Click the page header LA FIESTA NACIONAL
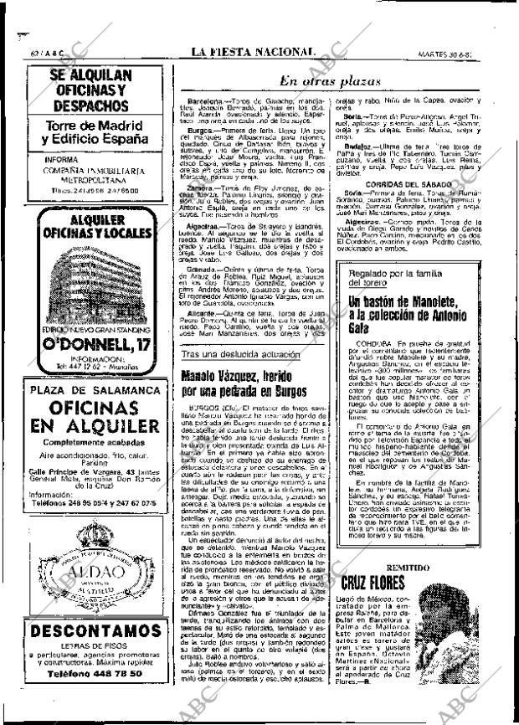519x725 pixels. point(253,52)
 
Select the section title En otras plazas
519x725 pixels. point(330,81)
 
